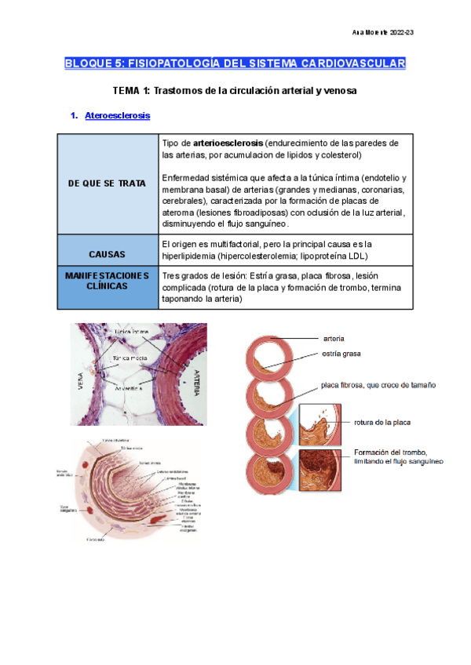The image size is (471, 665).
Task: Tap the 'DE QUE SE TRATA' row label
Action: tap(108, 183)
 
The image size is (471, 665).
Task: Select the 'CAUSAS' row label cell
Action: tap(108, 255)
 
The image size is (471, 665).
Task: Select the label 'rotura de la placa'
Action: tap(382, 422)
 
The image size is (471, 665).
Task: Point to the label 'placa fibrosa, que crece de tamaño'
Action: tap(378, 385)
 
